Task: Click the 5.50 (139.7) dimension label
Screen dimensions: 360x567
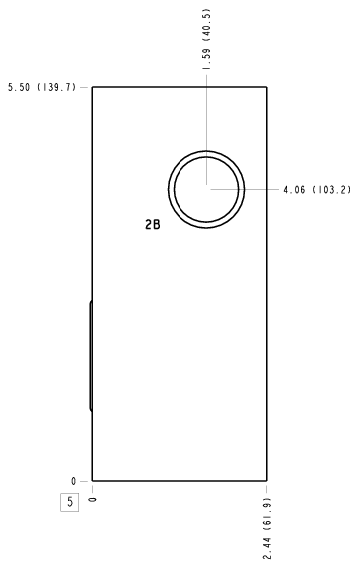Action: (42, 87)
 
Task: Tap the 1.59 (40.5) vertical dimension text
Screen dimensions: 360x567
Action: (206, 39)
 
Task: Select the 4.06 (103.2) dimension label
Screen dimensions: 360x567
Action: (317, 190)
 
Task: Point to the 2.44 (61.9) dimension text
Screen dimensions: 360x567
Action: (267, 529)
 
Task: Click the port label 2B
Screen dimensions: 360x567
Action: (153, 225)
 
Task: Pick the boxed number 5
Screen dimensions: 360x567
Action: (70, 502)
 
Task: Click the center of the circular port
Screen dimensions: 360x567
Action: (206, 189)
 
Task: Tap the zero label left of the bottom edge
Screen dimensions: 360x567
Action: (74, 481)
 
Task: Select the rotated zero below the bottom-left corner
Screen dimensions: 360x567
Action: (93, 500)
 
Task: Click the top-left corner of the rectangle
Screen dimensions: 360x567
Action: (92, 87)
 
